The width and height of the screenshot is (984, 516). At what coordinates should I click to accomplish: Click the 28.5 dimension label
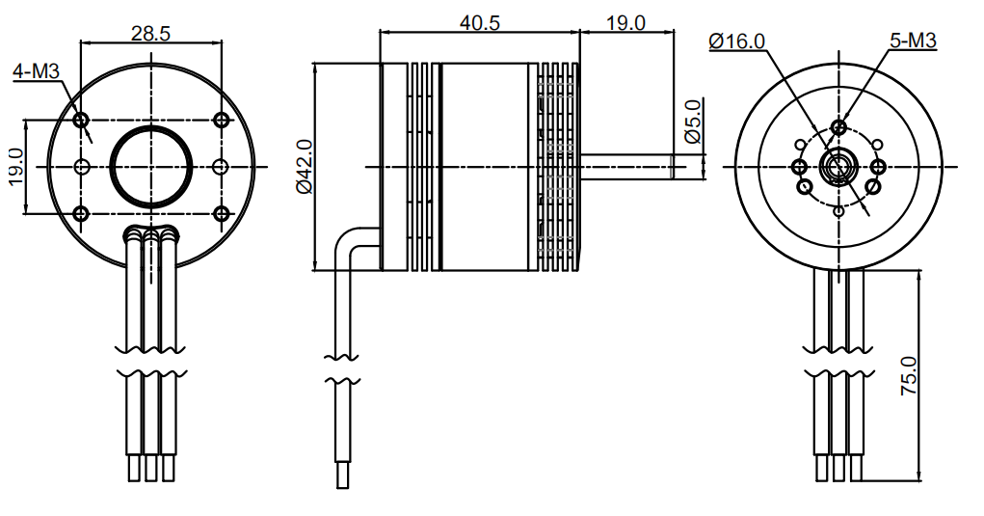(150, 33)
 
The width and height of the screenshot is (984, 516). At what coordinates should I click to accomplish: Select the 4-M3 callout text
(41, 71)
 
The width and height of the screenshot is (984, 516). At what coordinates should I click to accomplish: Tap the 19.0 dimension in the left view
(15, 166)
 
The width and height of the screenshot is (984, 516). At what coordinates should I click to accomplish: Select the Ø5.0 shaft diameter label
(691, 122)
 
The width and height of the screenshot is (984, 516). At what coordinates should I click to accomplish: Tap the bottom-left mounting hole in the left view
(81, 213)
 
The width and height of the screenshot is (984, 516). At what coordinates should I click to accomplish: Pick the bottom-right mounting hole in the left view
(222, 213)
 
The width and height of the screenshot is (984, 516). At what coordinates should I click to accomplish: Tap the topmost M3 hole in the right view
(839, 126)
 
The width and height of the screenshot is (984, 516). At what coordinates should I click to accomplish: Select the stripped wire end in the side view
(342, 475)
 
